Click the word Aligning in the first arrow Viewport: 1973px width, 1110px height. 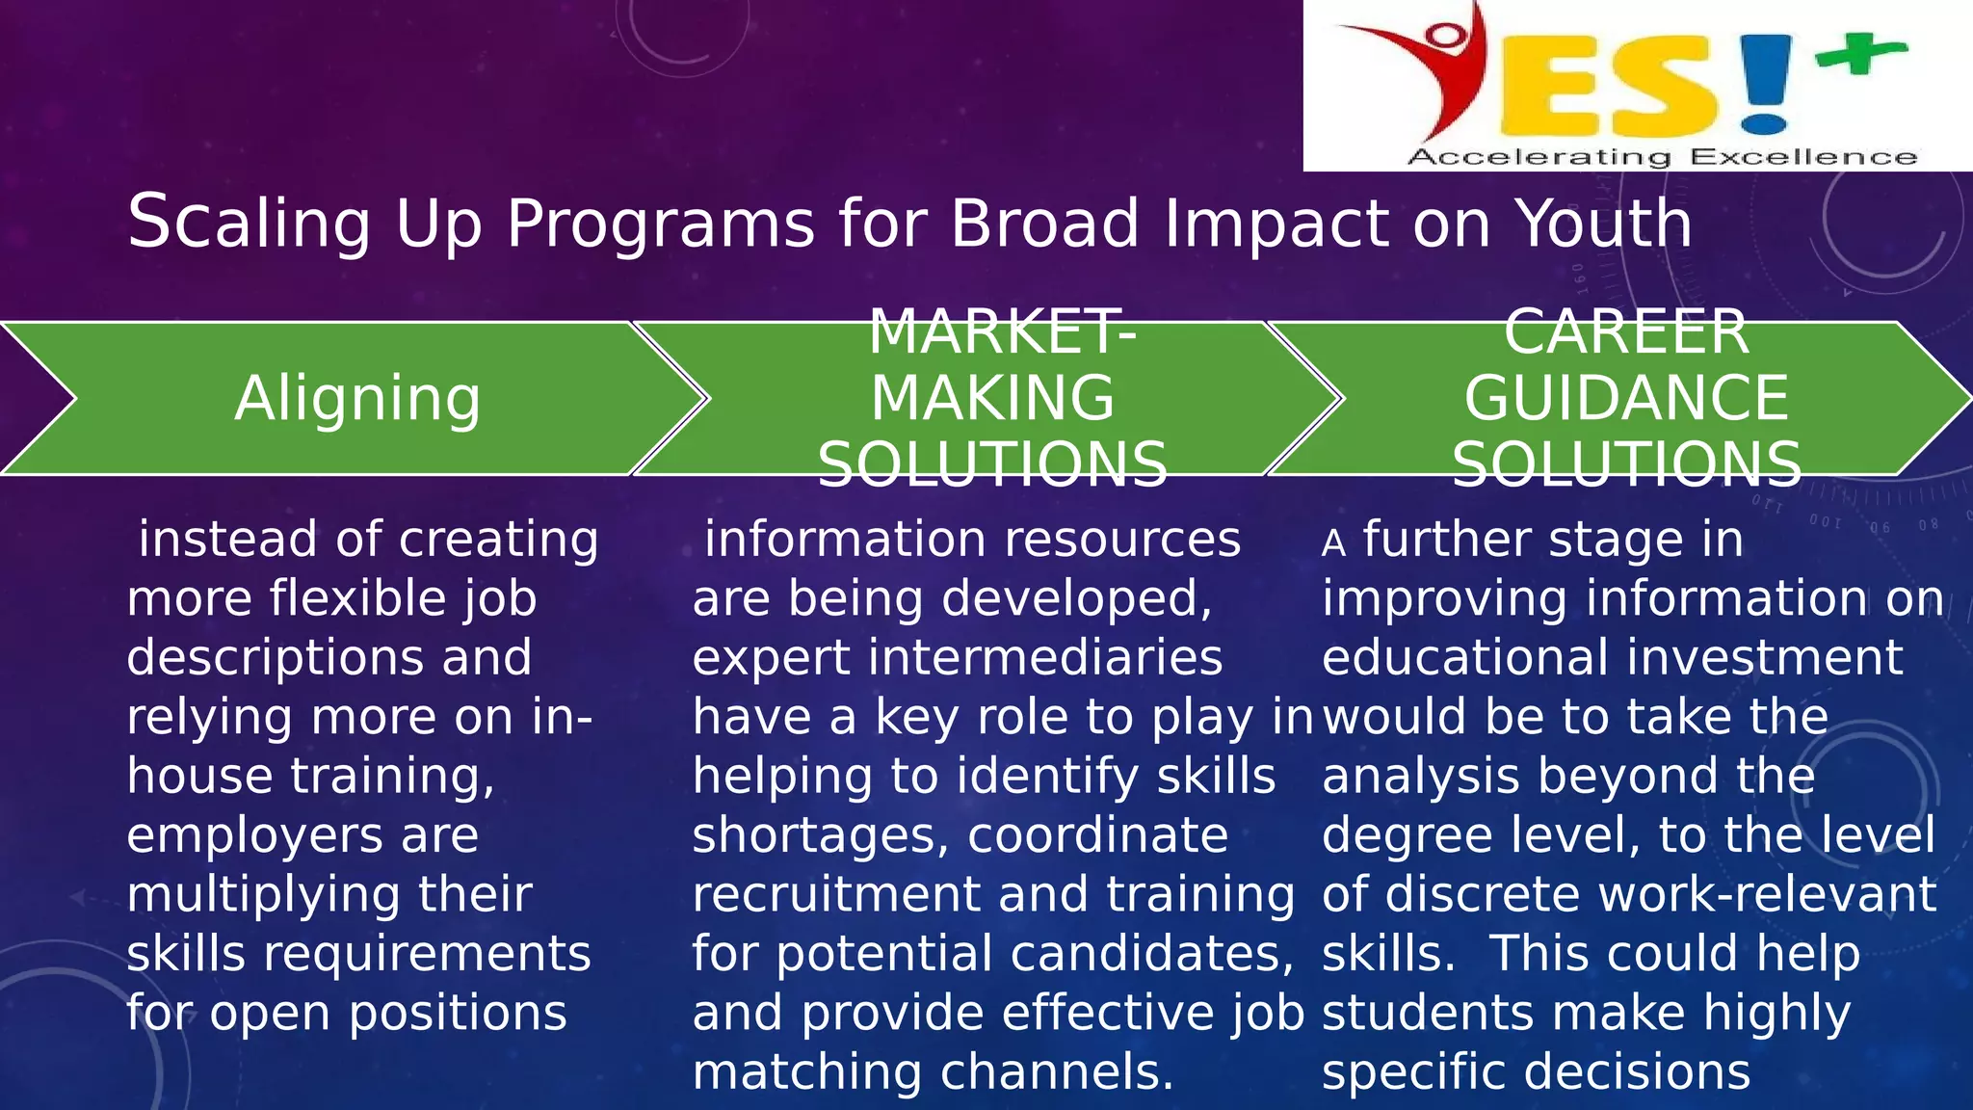(x=357, y=399)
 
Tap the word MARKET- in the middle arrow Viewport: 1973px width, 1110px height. (x=1002, y=332)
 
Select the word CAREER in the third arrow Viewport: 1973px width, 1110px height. (x=1626, y=332)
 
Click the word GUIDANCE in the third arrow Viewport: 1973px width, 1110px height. (x=1626, y=399)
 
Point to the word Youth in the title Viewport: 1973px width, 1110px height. (x=1603, y=224)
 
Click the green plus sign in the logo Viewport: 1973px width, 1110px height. (x=1859, y=54)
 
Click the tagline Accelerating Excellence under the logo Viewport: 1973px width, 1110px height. (x=1662, y=157)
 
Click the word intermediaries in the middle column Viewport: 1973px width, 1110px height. (x=1045, y=658)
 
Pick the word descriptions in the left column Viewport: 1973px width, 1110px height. (x=276, y=658)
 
